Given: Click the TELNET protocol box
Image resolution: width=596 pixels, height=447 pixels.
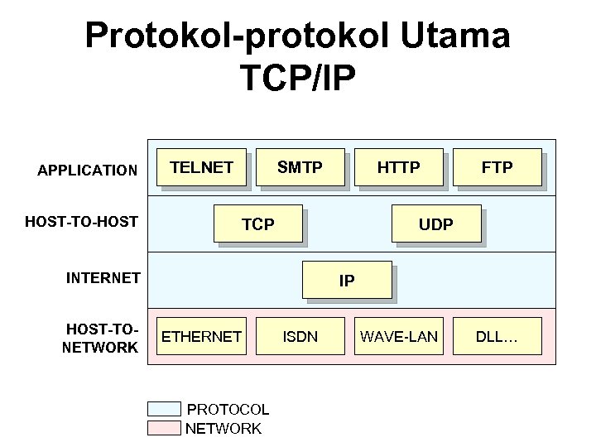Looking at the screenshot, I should pos(201,168).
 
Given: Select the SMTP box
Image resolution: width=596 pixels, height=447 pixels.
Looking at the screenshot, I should pos(300,168).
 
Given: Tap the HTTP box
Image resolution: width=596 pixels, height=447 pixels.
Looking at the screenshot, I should pos(398,168).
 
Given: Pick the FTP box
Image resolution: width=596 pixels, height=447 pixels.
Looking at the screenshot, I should pos(497,168).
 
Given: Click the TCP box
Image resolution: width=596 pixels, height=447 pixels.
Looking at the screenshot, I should pos(257,223).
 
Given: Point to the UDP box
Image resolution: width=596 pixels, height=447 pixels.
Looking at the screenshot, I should pos(435,223).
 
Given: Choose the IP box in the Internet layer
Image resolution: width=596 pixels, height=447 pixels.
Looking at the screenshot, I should pos(346,280).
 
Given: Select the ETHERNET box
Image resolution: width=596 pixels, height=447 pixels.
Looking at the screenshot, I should pos(201,336).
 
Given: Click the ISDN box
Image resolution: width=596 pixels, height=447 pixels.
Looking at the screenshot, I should pos(300,336).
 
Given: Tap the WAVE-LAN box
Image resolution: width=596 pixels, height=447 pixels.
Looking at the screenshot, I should pos(399,336).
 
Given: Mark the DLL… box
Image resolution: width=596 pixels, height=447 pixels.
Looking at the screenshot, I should pos(497,336).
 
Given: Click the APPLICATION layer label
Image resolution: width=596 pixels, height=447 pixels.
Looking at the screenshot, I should pos(88,171).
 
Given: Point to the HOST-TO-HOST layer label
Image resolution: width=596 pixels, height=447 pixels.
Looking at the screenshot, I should pos(81,221).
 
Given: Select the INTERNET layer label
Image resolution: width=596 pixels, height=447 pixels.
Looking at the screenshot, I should pos(103,277).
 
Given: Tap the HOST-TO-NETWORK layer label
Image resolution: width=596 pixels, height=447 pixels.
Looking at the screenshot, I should pos(100,339).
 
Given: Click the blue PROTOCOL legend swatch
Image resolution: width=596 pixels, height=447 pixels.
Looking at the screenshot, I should pos(164,409).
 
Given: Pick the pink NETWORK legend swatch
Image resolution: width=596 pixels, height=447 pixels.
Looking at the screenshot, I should pos(164,428).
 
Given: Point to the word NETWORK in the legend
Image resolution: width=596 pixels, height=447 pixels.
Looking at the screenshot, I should pos(223,428).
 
